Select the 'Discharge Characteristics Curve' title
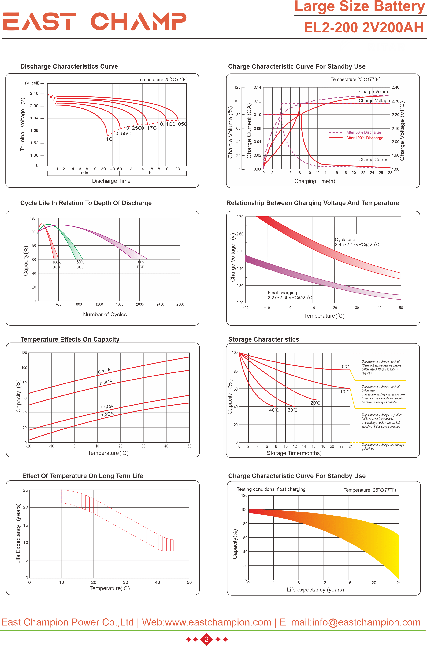coord(69,66)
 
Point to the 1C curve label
coord(109,139)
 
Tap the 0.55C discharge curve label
coord(123,134)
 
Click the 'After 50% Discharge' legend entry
coord(363,132)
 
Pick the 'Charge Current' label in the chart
coord(374,159)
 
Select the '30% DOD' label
coord(140,264)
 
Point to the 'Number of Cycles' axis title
coord(105,315)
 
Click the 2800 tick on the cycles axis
coord(180,304)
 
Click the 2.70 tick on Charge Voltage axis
coord(240,217)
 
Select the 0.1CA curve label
coord(104,371)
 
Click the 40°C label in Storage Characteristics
coord(274,410)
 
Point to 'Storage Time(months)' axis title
coord(294,453)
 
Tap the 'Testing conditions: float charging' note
coord(271,489)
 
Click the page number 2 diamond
coord(206,639)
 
